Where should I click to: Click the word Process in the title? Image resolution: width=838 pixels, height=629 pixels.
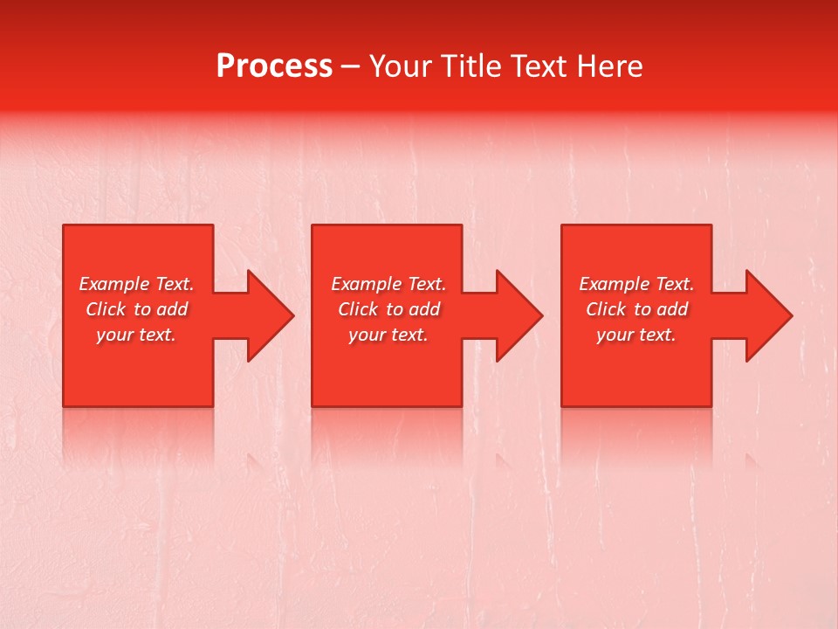tap(274, 66)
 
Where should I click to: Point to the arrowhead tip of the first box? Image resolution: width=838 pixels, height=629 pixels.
tap(292, 315)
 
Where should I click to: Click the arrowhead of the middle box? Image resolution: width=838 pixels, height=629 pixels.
tap(520, 315)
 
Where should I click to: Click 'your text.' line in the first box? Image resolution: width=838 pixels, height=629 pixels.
tap(136, 335)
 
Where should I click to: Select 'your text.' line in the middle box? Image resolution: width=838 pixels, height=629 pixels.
tap(388, 335)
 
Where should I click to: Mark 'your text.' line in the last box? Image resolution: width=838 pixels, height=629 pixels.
tap(636, 335)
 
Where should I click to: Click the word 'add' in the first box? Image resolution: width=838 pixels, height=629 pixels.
tap(173, 309)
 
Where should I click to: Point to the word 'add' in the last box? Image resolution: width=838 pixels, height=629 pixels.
tap(673, 309)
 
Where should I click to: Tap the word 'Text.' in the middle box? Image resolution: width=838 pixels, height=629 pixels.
tap(425, 284)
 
